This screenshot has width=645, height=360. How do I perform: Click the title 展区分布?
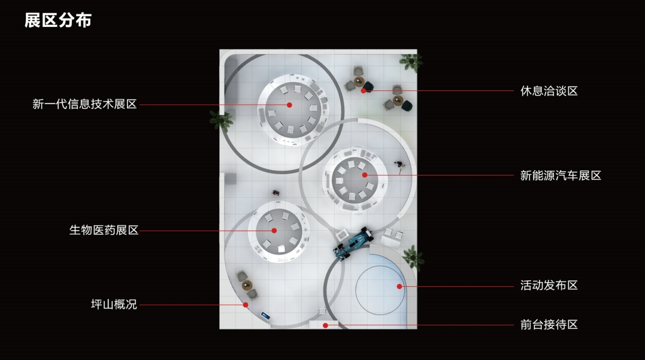(x=57, y=20)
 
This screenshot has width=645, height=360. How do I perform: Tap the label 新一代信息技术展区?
(x=84, y=104)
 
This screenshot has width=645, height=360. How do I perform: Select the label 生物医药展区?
(x=104, y=230)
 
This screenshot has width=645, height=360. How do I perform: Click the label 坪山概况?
(x=114, y=304)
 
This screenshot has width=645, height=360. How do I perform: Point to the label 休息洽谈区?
(x=549, y=91)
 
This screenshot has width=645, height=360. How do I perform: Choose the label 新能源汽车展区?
(x=560, y=176)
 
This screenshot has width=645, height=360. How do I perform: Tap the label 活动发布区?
(x=549, y=286)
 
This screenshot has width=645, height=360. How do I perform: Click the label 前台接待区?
(x=549, y=325)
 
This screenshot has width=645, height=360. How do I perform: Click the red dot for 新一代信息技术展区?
(x=289, y=104)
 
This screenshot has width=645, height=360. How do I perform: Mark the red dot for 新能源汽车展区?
(x=365, y=175)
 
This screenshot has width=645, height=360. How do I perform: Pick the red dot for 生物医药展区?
(x=274, y=230)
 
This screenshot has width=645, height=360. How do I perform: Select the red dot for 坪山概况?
(x=246, y=304)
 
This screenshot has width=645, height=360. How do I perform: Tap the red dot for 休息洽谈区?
(x=364, y=91)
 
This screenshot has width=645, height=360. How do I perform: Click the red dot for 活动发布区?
(x=399, y=286)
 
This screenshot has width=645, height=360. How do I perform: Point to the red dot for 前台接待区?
(x=325, y=325)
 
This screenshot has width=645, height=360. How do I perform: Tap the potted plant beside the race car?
(x=412, y=257)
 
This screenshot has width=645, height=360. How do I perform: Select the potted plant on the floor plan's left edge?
(x=221, y=119)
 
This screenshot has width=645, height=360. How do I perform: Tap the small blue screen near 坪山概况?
(x=265, y=314)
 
